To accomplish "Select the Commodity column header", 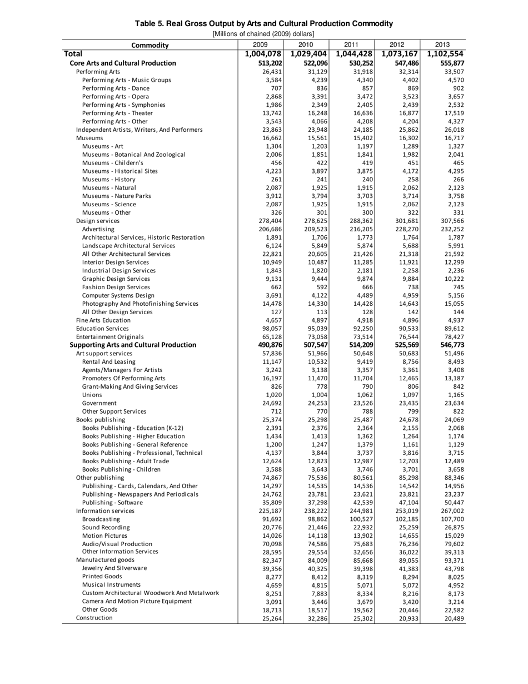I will pyautogui.click(x=150, y=45).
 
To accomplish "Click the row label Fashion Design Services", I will pyautogui.click(x=116, y=287).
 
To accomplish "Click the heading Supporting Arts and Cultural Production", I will pyautogui.click(x=133, y=345).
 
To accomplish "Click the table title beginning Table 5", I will pyautogui.click(x=265, y=23).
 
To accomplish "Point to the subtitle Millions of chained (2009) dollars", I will pyautogui.click(x=264, y=33).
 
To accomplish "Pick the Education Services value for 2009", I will pyautogui.click(x=271, y=328).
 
